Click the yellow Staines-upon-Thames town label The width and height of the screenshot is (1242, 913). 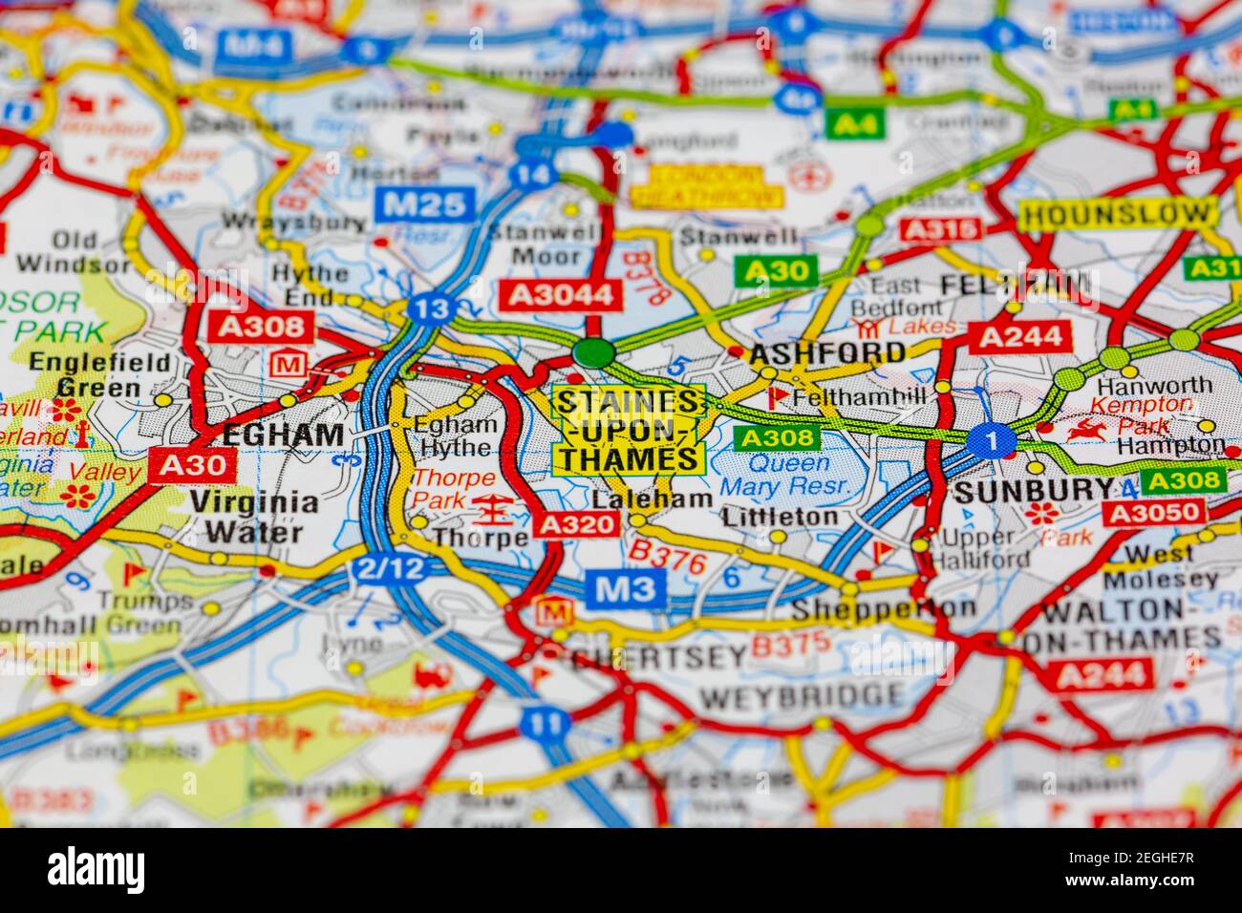pos(629,430)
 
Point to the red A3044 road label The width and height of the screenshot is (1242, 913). pos(560,295)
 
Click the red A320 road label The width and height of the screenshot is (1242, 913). pos(578,523)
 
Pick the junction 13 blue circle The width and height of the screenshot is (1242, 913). pos(428,308)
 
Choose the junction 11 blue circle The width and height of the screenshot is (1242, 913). pos(545,723)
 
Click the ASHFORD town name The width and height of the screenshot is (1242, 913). pos(827,352)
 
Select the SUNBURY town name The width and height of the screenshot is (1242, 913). pos(1034,491)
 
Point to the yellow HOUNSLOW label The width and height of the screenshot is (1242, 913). pos(1118,213)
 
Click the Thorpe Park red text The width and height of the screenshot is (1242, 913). pos(453,488)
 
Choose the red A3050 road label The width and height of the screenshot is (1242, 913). pos(1152,512)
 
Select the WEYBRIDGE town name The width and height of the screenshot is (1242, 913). pos(801,695)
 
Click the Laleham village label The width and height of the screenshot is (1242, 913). pos(652,499)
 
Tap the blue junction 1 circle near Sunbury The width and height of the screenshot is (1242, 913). pos(991,440)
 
